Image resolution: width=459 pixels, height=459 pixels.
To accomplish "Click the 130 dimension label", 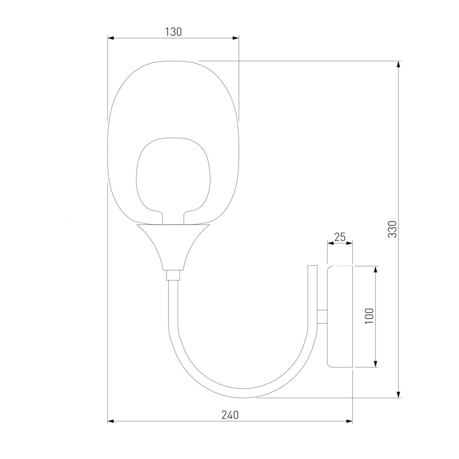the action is tap(173, 32).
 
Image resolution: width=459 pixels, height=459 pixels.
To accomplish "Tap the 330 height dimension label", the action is tap(392, 229).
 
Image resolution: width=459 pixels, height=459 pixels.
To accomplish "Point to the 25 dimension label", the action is tap(340, 237).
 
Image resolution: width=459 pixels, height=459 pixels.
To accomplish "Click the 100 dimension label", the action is tap(369, 316).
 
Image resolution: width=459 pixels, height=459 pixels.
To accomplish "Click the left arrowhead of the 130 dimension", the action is tap(111, 38).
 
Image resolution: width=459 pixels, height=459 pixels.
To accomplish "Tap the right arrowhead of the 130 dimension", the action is tap(236, 38).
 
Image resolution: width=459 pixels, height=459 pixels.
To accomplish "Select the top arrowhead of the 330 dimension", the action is tap(398, 65).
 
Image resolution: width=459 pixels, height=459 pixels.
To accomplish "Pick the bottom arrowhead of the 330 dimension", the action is tap(398, 394).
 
